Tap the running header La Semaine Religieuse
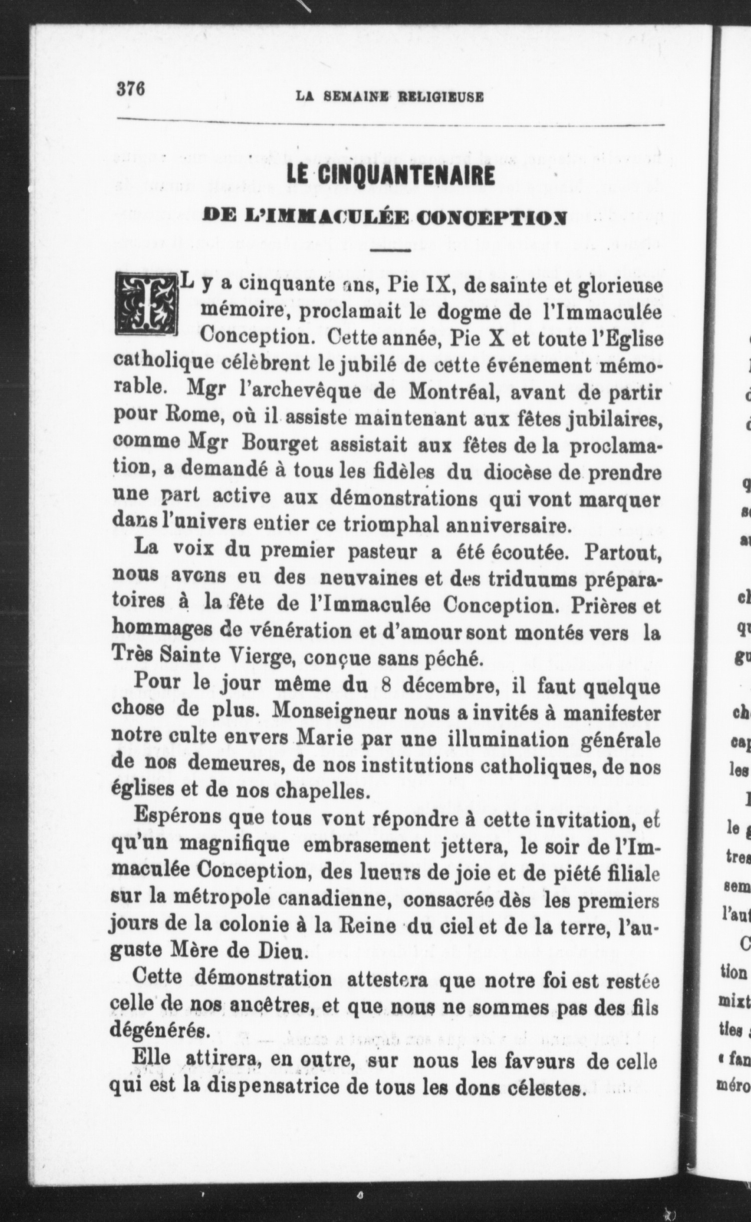coord(389,96)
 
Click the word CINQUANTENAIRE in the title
coord(406,177)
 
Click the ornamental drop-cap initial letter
coord(146,305)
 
